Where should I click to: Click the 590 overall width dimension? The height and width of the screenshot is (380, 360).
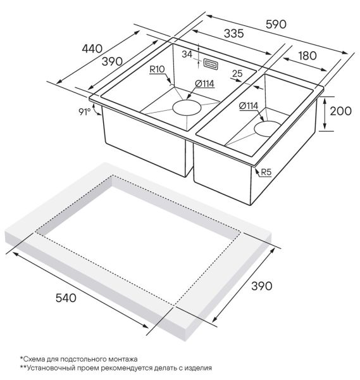click(x=276, y=24)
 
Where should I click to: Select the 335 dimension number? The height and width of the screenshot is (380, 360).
click(x=234, y=34)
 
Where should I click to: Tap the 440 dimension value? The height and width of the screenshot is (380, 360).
click(x=92, y=49)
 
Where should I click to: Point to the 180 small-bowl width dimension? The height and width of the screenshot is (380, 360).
click(x=307, y=56)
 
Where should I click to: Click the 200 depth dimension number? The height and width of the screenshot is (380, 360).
click(x=341, y=111)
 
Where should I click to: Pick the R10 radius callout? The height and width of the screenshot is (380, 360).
click(x=157, y=69)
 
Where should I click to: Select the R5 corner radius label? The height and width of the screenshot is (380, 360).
click(x=266, y=172)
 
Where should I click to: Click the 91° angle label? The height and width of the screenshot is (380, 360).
click(x=84, y=111)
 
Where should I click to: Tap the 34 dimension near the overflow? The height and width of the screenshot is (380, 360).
click(x=187, y=54)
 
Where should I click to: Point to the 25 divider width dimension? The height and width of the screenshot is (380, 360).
click(x=237, y=73)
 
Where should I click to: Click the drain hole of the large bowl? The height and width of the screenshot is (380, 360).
click(x=187, y=107)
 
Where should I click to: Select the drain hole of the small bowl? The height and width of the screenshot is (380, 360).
click(x=268, y=129)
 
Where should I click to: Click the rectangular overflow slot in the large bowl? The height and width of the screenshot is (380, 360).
click(x=211, y=64)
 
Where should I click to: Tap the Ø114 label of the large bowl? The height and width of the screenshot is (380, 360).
click(x=204, y=84)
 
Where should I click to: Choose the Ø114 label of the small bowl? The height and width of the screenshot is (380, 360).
click(x=249, y=106)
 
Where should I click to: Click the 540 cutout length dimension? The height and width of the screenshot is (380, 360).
click(x=66, y=298)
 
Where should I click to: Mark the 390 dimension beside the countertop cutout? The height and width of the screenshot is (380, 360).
click(x=262, y=286)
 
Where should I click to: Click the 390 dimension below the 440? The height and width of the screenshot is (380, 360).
click(x=112, y=61)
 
